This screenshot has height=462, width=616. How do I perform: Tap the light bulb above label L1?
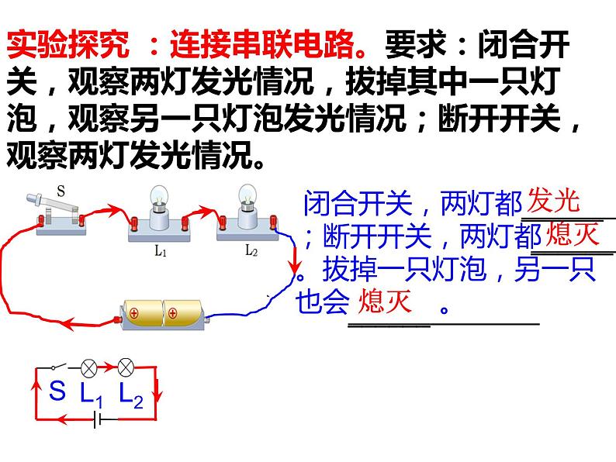click(157, 198)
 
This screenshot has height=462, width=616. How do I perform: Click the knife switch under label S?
click(58, 211)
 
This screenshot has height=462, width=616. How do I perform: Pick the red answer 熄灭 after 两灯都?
click(573, 233)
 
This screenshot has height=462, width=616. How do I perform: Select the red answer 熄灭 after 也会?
click(383, 302)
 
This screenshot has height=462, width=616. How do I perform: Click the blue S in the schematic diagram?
click(57, 391)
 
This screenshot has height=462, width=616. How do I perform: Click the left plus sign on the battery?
click(133, 315)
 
